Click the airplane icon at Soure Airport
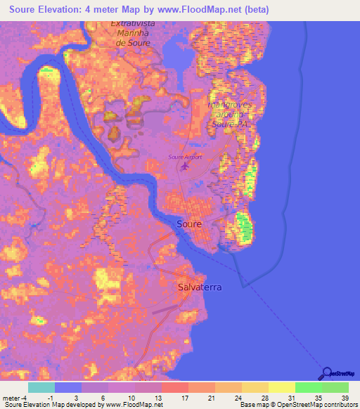pyautogui.click(x=186, y=166)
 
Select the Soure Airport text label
pyautogui.click(x=185, y=157)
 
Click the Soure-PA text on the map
pyautogui.click(x=231, y=124)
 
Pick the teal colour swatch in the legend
pyautogui.click(x=41, y=387)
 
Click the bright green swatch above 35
pyautogui.click(x=308, y=387)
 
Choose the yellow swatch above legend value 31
pyautogui.click(x=281, y=387)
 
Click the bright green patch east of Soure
pyautogui.click(x=244, y=226)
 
